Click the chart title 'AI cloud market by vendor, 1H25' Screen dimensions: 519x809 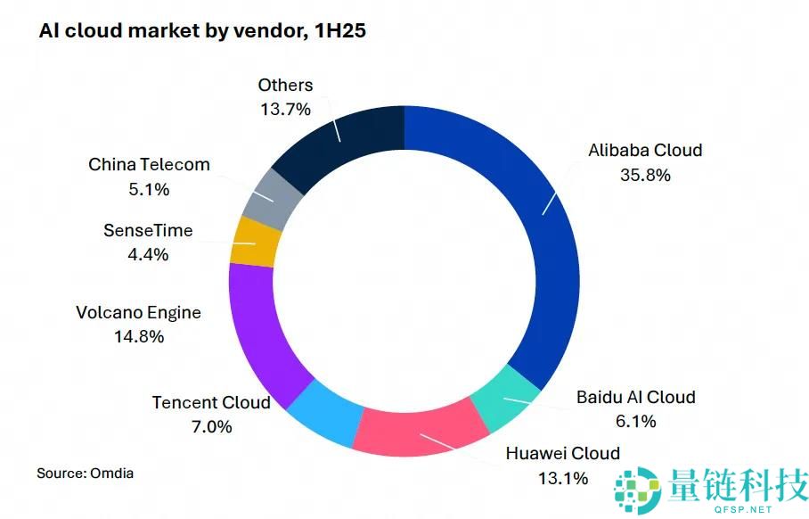202,31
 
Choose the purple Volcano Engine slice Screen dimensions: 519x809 263,330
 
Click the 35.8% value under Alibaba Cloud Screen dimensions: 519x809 645,175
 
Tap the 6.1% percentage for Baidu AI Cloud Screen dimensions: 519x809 634,420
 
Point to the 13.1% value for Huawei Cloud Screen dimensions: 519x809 562,478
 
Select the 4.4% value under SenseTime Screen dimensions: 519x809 148,254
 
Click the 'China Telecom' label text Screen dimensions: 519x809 149,165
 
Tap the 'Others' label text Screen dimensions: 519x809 285,86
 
